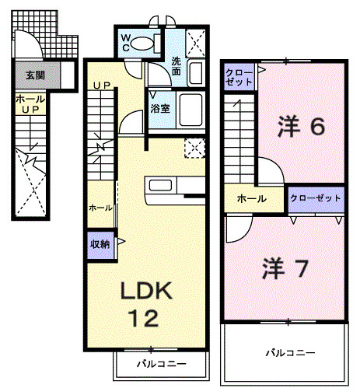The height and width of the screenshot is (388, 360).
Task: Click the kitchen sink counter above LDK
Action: point(164,187)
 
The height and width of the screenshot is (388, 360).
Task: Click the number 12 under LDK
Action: point(143,318)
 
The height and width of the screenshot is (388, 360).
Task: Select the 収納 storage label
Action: point(99,243)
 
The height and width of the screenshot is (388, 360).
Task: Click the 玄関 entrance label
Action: point(34,75)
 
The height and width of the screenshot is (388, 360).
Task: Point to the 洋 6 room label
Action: point(300,127)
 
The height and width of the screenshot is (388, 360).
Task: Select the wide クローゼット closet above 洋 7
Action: point(315,199)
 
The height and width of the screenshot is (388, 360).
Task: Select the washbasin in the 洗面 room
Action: point(195,74)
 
